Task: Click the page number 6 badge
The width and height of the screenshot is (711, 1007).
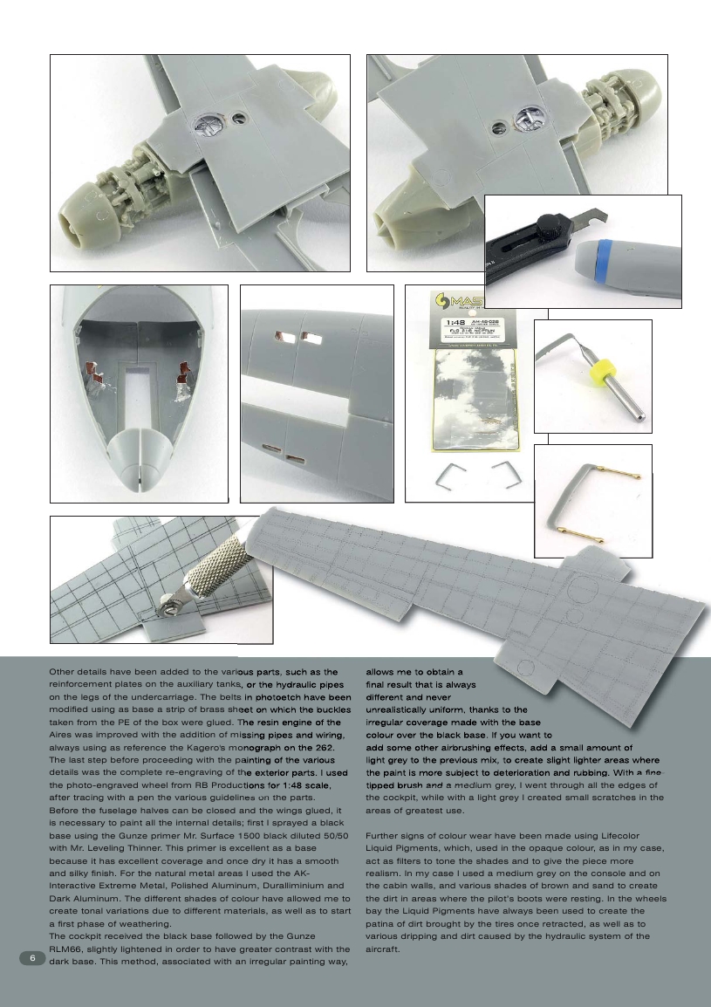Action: [32, 957]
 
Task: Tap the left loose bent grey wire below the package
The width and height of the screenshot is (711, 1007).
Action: [448, 476]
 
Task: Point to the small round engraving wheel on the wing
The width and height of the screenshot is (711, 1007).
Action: [166, 603]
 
